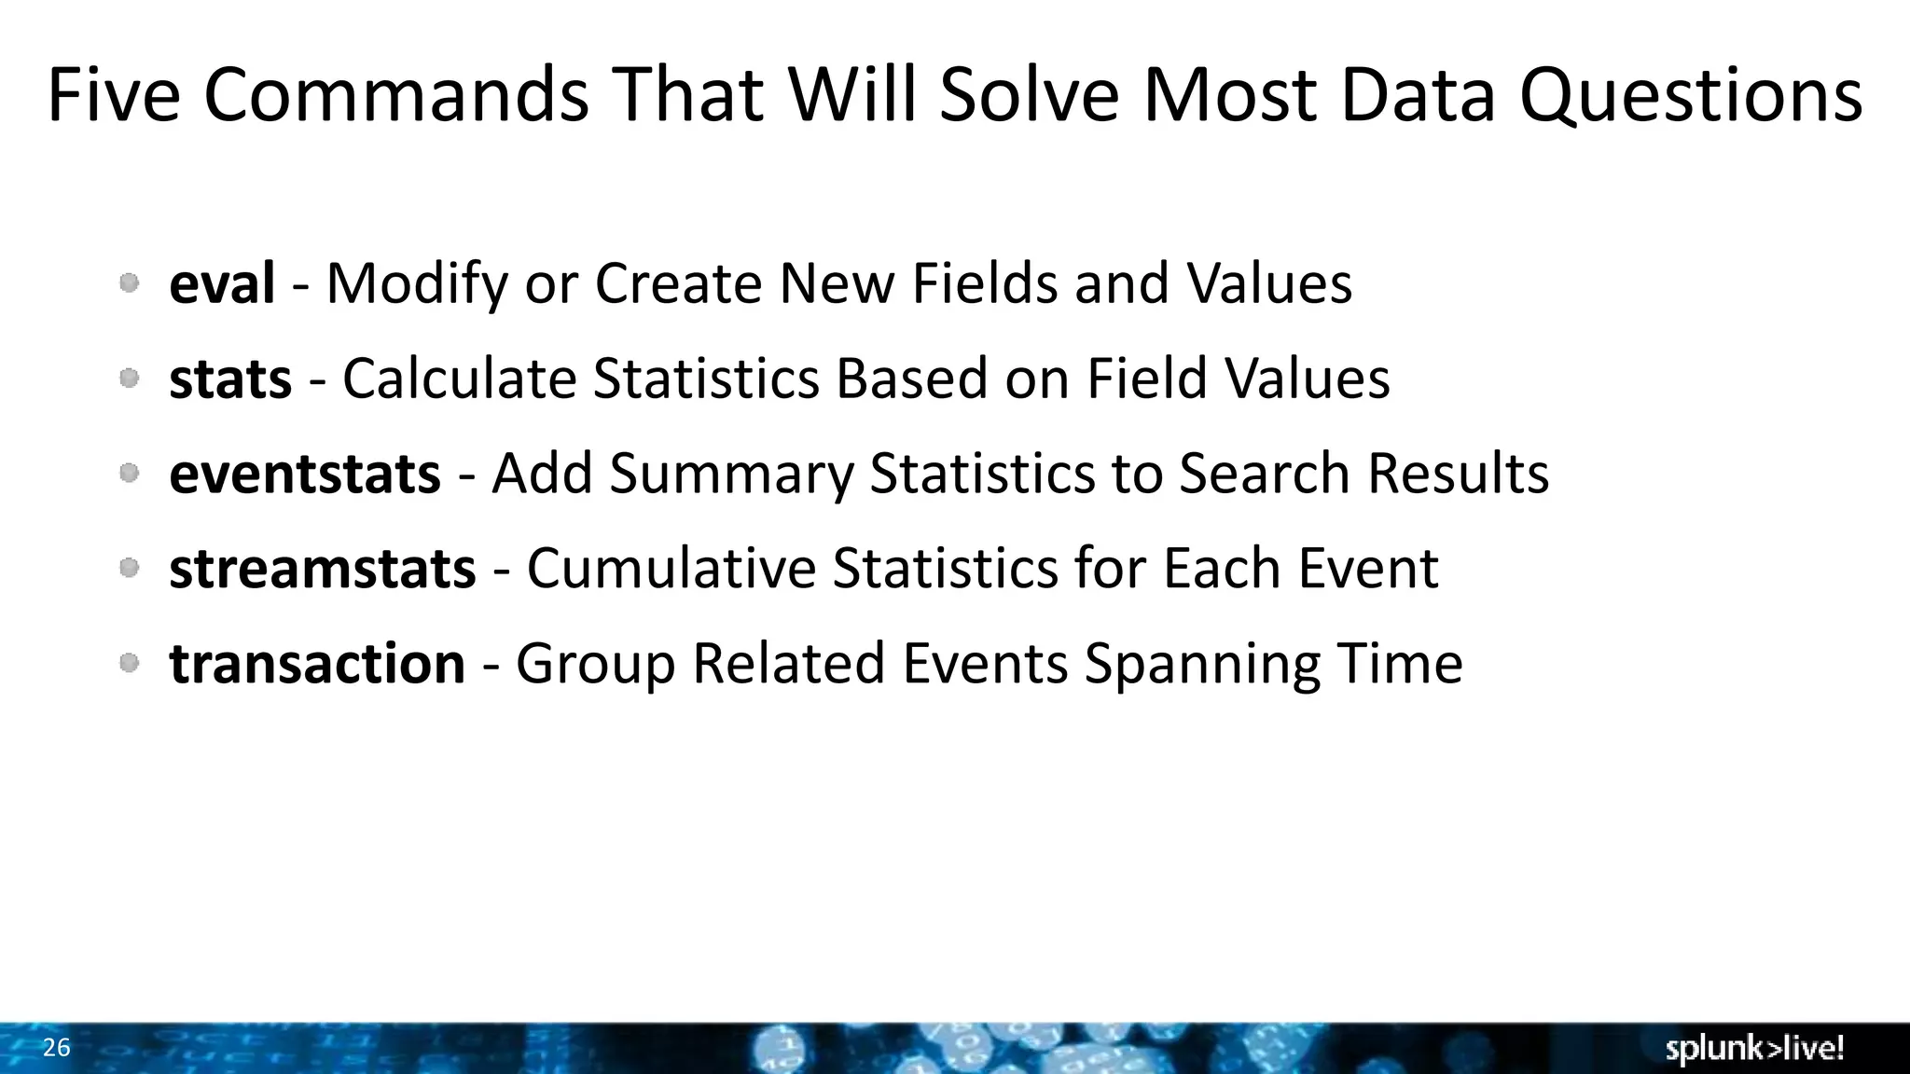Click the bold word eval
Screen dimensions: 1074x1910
coord(222,283)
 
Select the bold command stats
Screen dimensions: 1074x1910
coord(230,379)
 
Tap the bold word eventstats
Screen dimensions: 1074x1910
coord(304,474)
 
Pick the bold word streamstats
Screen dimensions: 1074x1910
coord(322,569)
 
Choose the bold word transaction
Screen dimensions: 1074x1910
coord(317,664)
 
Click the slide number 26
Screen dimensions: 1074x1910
coord(56,1048)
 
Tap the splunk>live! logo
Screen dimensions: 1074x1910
coord(1754,1049)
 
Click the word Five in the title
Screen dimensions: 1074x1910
coord(113,95)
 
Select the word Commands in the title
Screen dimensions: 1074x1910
coord(396,95)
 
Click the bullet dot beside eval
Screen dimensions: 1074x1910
coord(130,282)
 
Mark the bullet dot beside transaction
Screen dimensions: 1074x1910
coord(130,663)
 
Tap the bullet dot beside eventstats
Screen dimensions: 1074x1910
coord(130,473)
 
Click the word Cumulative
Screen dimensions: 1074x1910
coord(671,569)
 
